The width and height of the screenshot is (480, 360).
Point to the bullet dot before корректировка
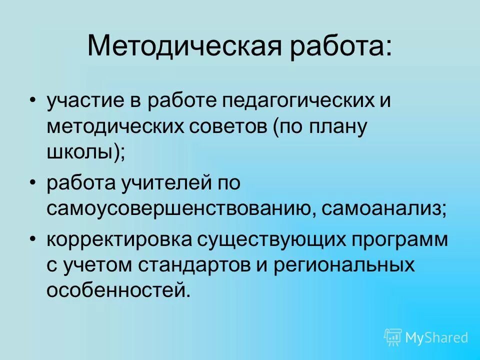33,239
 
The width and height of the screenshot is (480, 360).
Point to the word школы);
85,151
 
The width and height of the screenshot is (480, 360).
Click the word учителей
166,183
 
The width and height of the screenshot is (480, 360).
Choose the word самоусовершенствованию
180,208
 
